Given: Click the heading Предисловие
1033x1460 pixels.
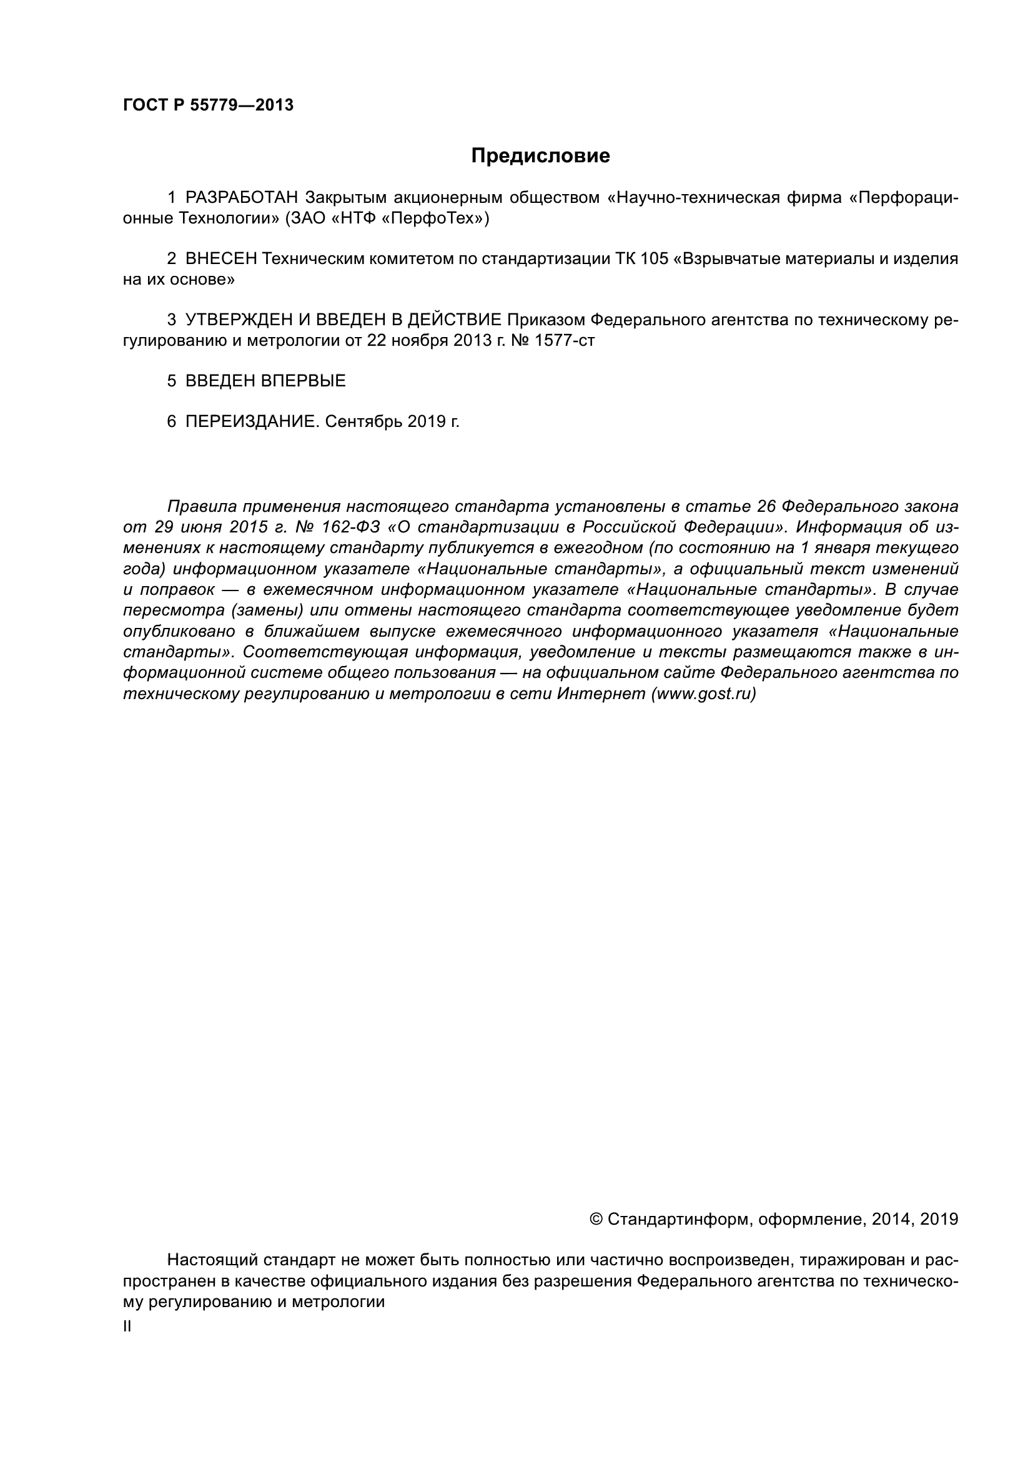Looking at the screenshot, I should coord(540,156).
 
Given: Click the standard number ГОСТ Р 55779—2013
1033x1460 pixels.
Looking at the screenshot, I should coord(208,105).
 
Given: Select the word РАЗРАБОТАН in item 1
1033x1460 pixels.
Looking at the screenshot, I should coord(241,198).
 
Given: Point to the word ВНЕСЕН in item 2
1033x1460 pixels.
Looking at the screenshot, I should coord(220,259).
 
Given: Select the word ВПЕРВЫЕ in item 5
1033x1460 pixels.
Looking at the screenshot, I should coord(303,381).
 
